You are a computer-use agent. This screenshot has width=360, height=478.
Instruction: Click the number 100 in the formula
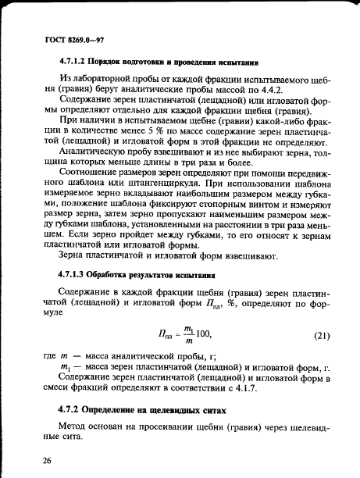tap(201, 336)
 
